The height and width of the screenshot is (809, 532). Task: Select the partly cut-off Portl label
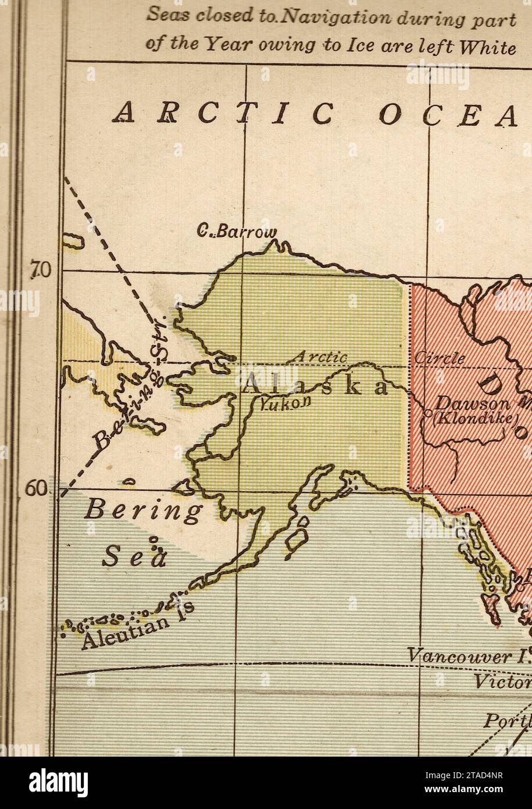point(507,721)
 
